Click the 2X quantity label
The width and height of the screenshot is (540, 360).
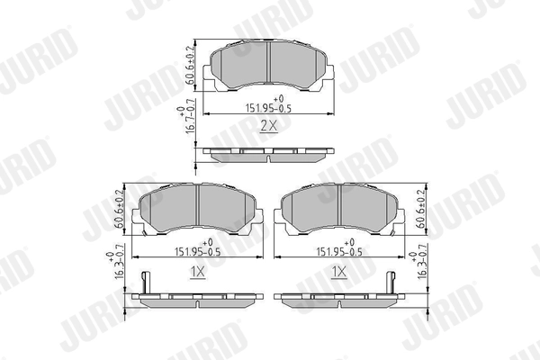tap(269, 128)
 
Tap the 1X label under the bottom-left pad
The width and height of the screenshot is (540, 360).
tap(198, 271)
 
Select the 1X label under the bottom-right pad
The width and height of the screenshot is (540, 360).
tap(339, 271)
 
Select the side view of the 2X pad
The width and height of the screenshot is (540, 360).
tap(269, 154)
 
